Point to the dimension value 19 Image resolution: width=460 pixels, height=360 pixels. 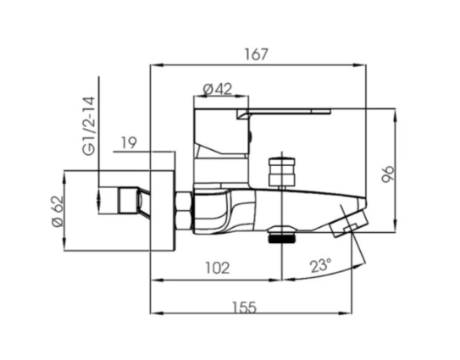pos(128,143)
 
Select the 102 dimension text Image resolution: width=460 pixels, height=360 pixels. pos(217,268)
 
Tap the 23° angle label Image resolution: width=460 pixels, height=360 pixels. pos(320,265)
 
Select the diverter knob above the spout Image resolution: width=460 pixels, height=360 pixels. pos(279,172)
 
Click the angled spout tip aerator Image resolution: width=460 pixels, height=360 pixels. pos(348,224)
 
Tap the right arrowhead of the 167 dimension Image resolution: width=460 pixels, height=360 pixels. pos(366,64)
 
